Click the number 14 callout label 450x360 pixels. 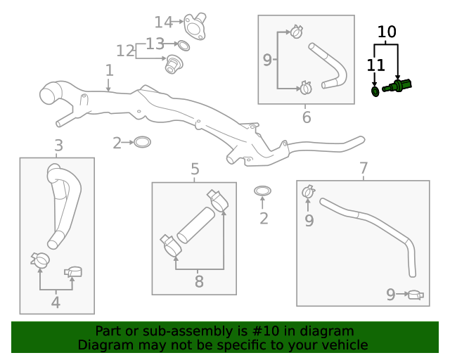pyautogui.click(x=163, y=22)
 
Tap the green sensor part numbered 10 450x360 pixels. pyautogui.click(x=399, y=86)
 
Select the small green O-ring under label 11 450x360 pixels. pyautogui.click(x=375, y=91)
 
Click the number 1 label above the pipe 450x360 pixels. pyautogui.click(x=109, y=70)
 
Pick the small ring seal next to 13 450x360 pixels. pyautogui.click(x=183, y=46)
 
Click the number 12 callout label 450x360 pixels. pyautogui.click(x=125, y=51)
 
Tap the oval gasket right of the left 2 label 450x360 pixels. pyautogui.click(x=142, y=143)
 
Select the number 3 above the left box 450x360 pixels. pyautogui.click(x=58, y=146)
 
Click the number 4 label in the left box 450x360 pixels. pyautogui.click(x=56, y=303)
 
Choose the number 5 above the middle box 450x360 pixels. pyautogui.click(x=195, y=169)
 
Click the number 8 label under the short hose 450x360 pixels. pyautogui.click(x=199, y=282)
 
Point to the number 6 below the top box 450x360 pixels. pyautogui.click(x=307, y=117)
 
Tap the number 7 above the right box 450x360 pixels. pyautogui.click(x=364, y=169)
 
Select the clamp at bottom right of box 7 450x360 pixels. pyautogui.click(x=416, y=295)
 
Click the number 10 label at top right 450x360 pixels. pyautogui.click(x=387, y=32)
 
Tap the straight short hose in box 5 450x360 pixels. pyautogui.click(x=195, y=225)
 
